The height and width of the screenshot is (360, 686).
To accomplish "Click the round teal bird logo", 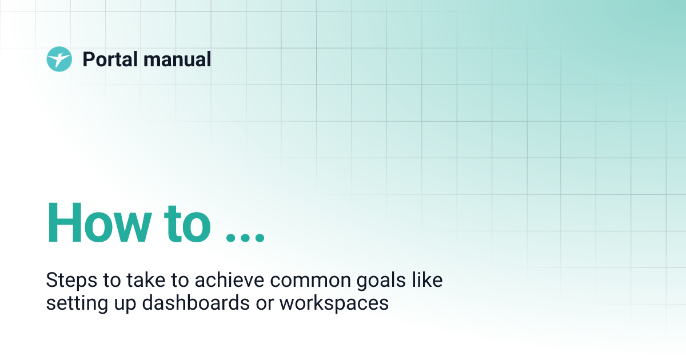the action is coord(59,59).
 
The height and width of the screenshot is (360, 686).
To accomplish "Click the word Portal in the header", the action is coord(110,59).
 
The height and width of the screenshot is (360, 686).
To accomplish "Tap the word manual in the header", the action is coord(177,59).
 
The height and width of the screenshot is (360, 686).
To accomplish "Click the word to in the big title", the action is coord(188,222).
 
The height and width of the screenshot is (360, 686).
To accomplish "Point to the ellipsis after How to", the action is coord(245,238).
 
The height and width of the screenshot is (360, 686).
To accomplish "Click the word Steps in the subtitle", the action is coord(71,281).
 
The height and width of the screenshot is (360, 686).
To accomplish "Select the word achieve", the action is coord(229,279).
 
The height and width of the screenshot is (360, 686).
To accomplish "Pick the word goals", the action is coord(381,281).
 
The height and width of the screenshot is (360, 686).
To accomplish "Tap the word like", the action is coord(427,279).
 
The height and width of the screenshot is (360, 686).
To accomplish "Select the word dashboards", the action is coord(196,302).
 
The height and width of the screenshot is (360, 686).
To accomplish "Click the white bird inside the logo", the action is coord(59,59).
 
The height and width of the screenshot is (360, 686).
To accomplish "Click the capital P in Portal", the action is coord(88,59).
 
